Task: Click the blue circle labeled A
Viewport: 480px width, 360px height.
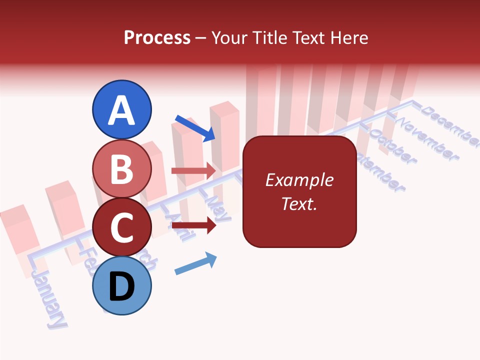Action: coord(122,109)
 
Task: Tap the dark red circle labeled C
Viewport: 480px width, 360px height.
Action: coord(122,227)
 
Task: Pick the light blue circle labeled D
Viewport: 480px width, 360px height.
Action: coord(122,286)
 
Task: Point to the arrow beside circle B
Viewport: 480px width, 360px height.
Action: coord(193,170)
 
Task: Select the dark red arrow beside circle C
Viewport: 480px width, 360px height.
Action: coord(193,226)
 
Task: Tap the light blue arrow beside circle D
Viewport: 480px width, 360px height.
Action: coord(195,263)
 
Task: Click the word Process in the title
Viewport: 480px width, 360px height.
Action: coord(157,37)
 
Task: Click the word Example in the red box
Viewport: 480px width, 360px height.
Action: coord(299,180)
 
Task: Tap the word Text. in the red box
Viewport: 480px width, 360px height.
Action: coord(299,203)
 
